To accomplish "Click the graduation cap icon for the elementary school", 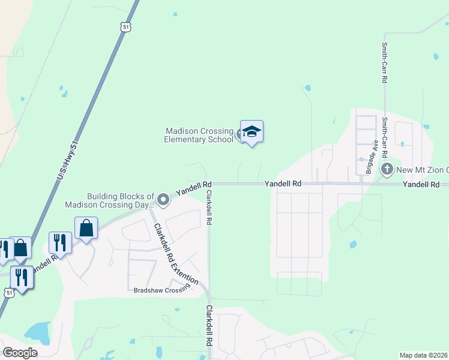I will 252,132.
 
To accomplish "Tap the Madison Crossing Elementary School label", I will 199,135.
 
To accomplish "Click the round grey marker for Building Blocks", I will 163,199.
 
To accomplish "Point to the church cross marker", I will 387,169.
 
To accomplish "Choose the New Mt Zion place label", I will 421,170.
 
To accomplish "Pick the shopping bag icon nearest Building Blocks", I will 86,229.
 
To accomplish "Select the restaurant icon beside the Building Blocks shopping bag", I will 61,242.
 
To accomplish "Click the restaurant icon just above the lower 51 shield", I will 22,277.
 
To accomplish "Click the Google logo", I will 20,352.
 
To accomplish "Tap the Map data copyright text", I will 424,355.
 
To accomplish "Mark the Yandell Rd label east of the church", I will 425,185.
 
